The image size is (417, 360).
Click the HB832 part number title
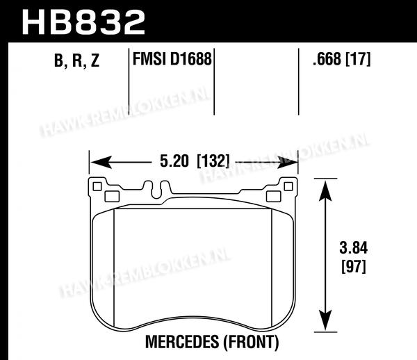point(83,22)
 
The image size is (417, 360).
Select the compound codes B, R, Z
point(76,60)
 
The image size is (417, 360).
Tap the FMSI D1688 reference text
point(172,59)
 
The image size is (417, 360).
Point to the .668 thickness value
point(327,59)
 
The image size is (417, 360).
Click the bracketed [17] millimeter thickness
point(358,59)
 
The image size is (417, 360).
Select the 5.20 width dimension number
point(174,161)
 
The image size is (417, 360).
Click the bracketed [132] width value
point(213,161)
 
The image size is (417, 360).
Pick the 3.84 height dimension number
point(354,248)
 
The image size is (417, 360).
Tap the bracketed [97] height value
point(354,266)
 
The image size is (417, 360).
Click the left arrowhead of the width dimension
point(101,162)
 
